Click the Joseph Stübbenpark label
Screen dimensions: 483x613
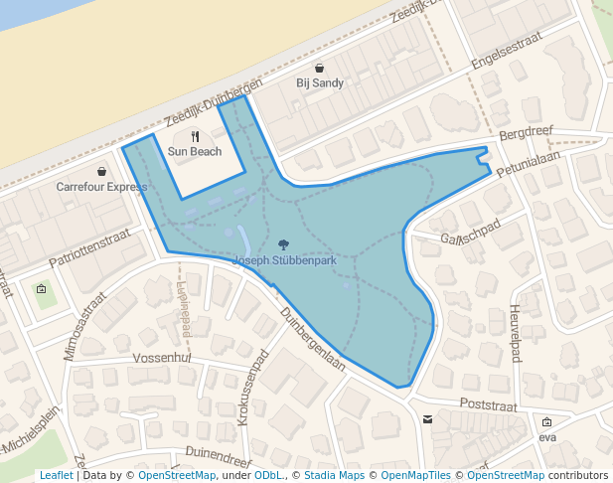point(284,261)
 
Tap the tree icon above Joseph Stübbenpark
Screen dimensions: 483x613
point(284,244)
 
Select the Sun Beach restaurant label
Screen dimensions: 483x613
point(195,152)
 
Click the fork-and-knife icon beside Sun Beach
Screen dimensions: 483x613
point(196,136)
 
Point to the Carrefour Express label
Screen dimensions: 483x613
point(101,187)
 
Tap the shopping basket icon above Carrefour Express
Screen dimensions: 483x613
point(102,171)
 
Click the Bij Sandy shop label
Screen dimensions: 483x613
point(320,83)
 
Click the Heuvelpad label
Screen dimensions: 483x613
point(515,333)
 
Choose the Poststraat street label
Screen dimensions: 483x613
point(489,405)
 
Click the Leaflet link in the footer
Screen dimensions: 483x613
point(56,476)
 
